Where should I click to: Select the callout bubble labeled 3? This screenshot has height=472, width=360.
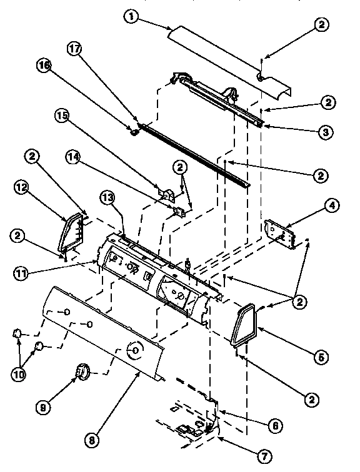324,132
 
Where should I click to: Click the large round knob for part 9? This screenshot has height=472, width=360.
80,373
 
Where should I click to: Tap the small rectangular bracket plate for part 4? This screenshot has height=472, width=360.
279,232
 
